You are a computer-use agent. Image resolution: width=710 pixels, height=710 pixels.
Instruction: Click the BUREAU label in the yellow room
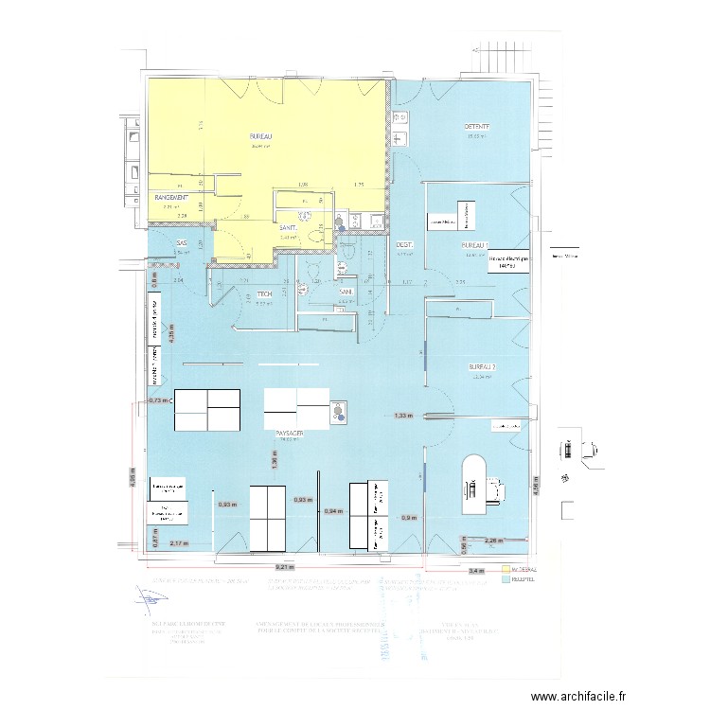click(260, 136)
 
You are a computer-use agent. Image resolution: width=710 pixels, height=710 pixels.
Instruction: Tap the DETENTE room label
click(476, 127)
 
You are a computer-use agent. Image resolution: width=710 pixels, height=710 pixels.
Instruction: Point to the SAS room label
click(182, 244)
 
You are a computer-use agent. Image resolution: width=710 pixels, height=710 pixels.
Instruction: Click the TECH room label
click(265, 294)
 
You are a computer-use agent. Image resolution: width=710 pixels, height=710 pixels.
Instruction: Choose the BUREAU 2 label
click(482, 366)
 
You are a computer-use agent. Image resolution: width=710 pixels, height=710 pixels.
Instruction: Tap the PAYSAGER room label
click(290, 433)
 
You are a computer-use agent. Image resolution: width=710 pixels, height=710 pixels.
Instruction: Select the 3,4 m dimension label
click(476, 571)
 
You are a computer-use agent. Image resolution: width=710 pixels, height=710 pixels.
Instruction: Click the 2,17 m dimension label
click(179, 544)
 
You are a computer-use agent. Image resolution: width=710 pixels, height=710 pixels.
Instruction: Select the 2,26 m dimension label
click(493, 541)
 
